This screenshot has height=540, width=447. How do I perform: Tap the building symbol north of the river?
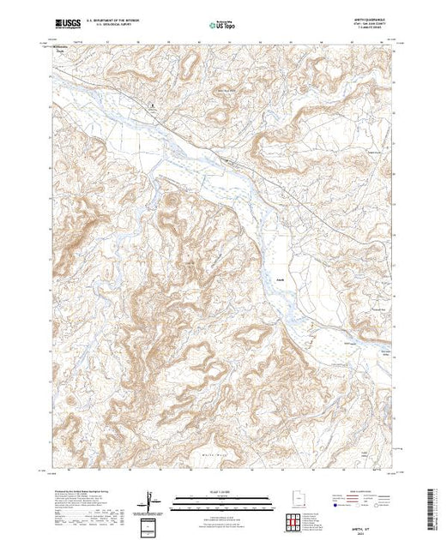153,107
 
